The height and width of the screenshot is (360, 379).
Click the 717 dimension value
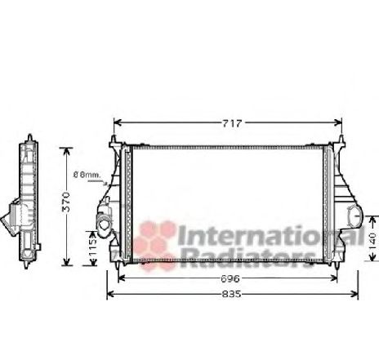232,123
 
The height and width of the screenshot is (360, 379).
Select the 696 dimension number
230,278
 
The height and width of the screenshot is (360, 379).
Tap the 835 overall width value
231,294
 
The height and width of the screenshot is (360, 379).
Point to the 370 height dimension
66,202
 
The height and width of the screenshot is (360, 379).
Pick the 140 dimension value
373,239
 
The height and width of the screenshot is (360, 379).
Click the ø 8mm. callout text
87,175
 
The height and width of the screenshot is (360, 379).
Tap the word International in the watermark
271,236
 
